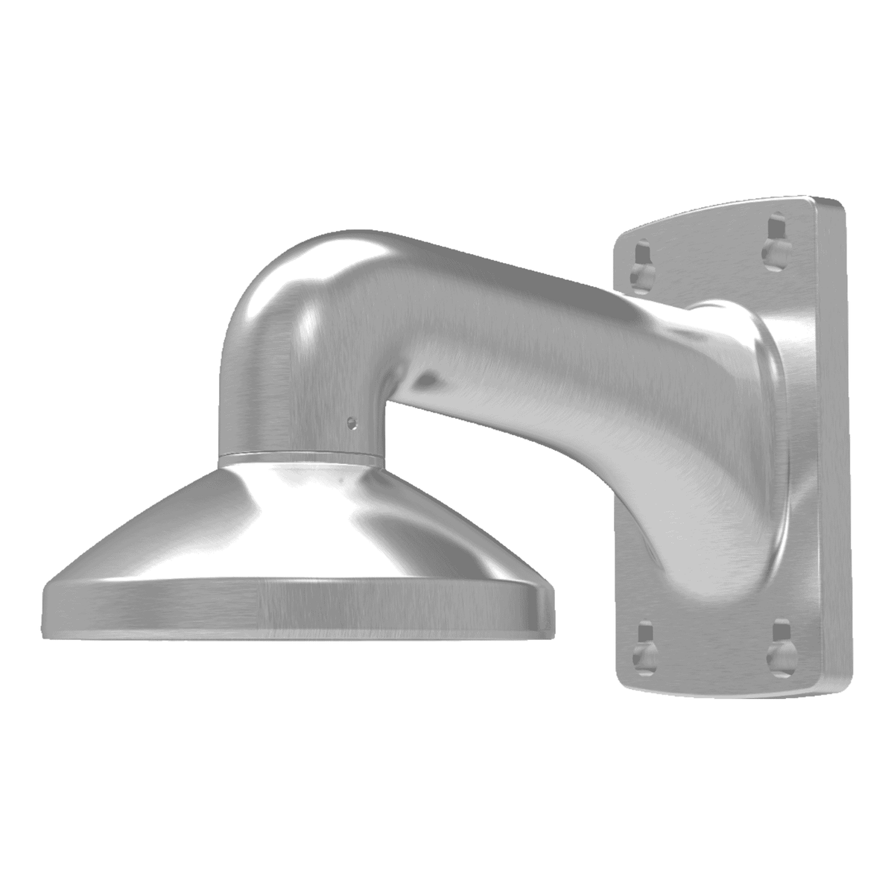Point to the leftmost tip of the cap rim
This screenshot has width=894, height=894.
point(45,607)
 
